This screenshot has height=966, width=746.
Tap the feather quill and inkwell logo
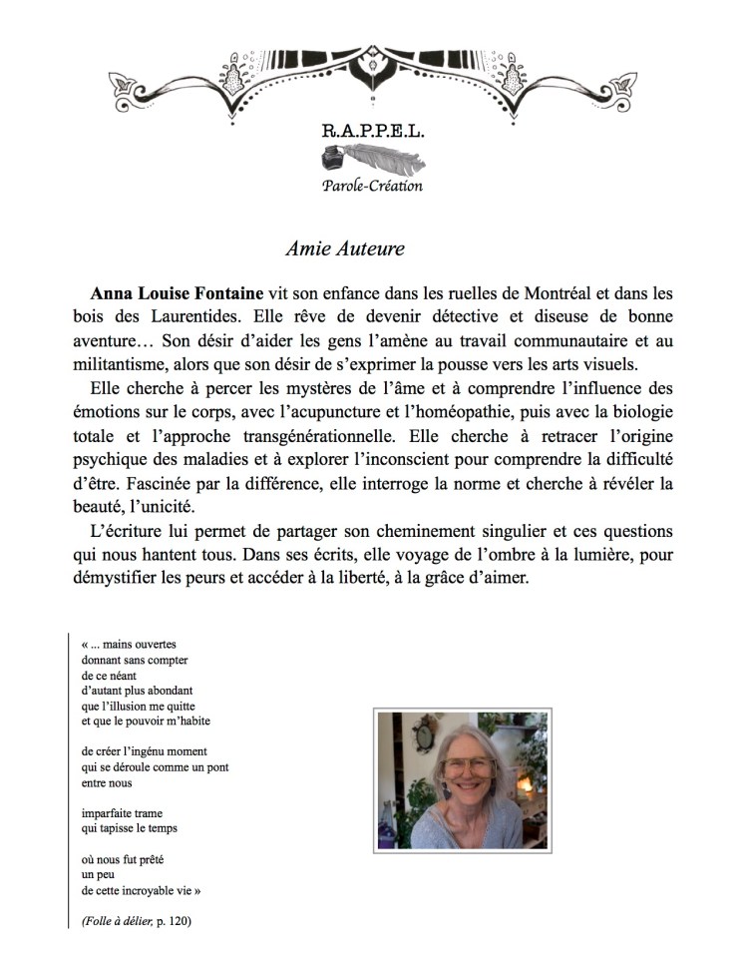(372, 159)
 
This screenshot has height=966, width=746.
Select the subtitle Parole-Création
(372, 186)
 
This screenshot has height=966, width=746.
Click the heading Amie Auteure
(344, 247)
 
